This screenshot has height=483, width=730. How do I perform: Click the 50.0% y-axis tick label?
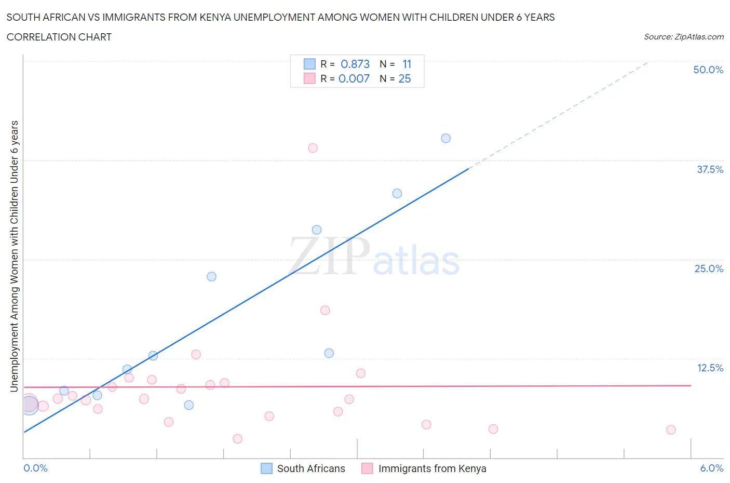point(708,70)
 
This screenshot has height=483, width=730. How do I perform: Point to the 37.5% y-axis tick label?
point(710,169)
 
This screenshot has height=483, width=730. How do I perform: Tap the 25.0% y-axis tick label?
point(709,269)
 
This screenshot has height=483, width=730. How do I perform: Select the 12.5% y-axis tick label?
point(710,368)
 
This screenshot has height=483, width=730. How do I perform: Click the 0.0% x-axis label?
point(35,468)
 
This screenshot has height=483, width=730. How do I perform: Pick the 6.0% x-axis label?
point(711,468)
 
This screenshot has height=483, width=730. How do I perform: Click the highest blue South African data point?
point(445,138)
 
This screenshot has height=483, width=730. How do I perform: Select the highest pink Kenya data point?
point(313,148)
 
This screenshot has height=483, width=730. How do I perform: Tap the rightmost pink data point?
point(671,430)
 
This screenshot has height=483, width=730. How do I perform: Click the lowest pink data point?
point(237,439)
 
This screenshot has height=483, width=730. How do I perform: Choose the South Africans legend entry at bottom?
point(310,468)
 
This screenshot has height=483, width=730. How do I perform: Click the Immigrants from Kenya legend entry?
point(432,468)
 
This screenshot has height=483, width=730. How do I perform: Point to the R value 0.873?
point(355,64)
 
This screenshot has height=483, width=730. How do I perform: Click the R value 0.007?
point(354,78)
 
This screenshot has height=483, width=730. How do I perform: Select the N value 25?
point(404,78)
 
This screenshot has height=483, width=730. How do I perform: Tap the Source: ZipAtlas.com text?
point(683,36)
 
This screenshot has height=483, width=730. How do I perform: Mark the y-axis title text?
point(14,256)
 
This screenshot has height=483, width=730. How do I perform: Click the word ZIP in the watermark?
point(329,256)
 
